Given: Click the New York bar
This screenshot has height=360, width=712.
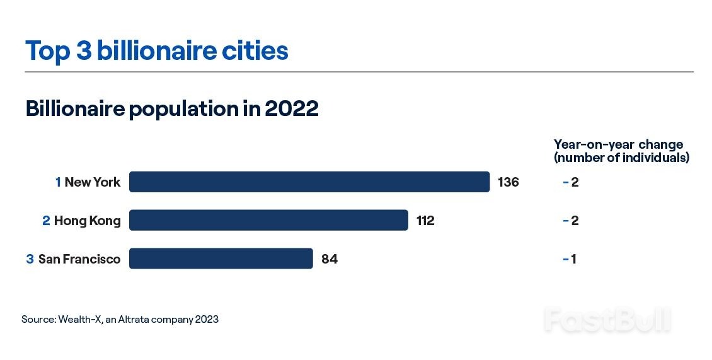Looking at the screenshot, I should pos(309,182).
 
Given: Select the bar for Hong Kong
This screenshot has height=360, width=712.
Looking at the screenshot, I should pos(268,221).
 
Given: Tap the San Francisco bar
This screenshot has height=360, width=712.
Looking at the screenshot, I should pos(221,258).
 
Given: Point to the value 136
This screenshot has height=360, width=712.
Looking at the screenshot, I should pos(508,182).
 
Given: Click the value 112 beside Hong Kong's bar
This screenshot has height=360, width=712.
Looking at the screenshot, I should pos(425,221).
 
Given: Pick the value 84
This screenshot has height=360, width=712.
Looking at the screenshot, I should pos(329,259).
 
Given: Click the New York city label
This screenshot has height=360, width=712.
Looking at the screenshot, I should pos(92,182).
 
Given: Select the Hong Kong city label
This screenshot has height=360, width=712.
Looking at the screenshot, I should pos(87,221).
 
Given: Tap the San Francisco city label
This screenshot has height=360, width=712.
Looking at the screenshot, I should pos(79,259).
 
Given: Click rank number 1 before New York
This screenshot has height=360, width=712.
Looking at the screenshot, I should pos(58,182).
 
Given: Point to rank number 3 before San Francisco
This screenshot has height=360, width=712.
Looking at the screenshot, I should pos(30,259).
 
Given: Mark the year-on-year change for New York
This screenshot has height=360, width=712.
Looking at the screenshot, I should pos(571,182).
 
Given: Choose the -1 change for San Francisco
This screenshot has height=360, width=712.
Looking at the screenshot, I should pos(570,259).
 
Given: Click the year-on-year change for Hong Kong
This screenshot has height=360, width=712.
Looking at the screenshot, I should pos(571,221).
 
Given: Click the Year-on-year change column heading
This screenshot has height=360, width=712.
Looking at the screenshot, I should pos(621,151).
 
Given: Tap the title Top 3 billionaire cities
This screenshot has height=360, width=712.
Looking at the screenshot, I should pos(156,51).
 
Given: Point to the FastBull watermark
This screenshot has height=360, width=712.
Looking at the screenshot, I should pos(607,320).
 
